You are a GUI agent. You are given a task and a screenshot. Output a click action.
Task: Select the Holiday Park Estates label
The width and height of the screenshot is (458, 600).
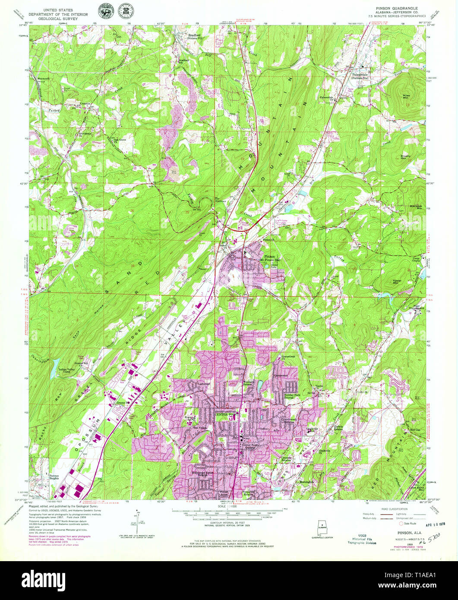tap(294, 396)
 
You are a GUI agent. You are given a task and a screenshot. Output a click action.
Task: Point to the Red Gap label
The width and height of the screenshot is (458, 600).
tap(414, 430)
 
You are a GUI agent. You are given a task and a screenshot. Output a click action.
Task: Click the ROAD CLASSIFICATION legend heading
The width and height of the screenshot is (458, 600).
tap(385, 509)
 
